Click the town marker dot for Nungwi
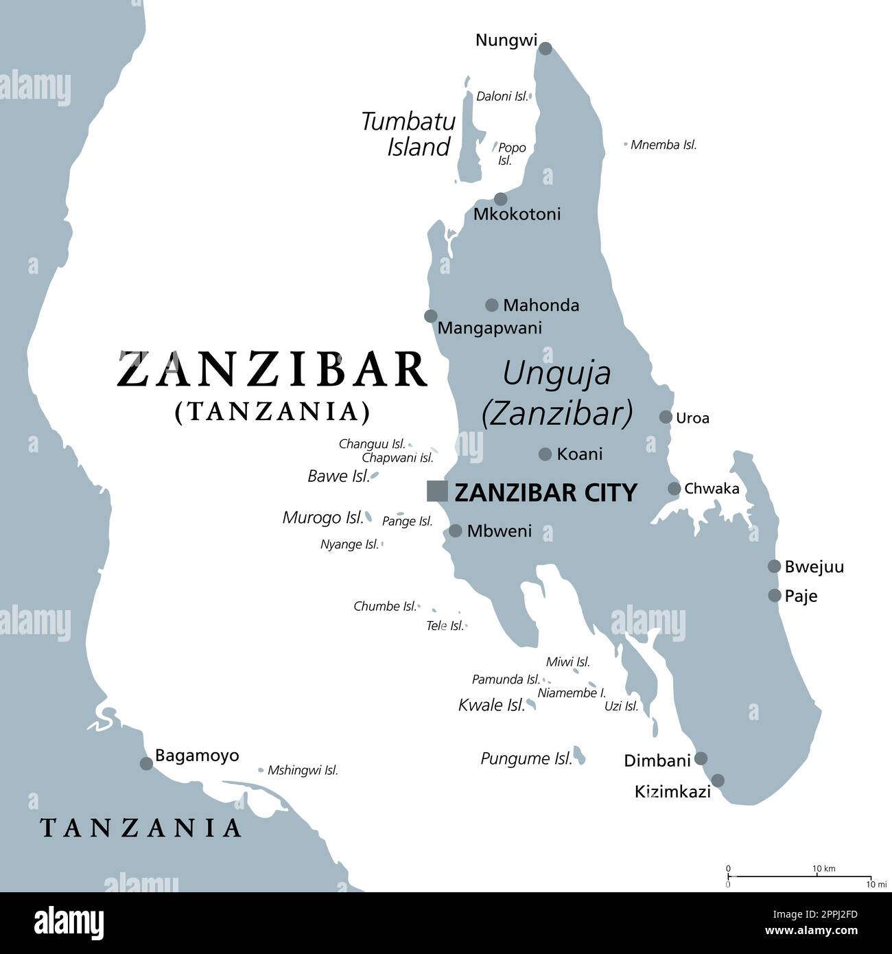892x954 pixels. pos(545,48)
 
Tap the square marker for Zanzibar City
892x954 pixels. pos(437,491)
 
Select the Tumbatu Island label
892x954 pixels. pos(409,134)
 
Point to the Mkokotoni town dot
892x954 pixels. pos(501,199)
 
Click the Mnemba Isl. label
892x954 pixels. pos(664,145)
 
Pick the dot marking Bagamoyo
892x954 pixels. pos(146,763)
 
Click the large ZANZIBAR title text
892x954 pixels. pos(272,370)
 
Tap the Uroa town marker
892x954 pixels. pos(666,417)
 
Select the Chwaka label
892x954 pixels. pos(712,489)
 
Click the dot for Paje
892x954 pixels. pos(774,596)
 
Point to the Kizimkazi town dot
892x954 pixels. pos(718,780)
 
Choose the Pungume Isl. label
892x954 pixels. pos(526,758)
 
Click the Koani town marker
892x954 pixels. pos(545,454)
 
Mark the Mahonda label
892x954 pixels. pos(541,305)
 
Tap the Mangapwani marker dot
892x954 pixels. pos(430,316)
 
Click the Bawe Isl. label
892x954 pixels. pos(338,476)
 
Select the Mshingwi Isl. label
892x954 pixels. pos(303,770)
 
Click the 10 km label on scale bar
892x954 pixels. pos(824,869)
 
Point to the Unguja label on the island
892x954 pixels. pos(556,373)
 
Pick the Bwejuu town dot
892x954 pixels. pos(774,566)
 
